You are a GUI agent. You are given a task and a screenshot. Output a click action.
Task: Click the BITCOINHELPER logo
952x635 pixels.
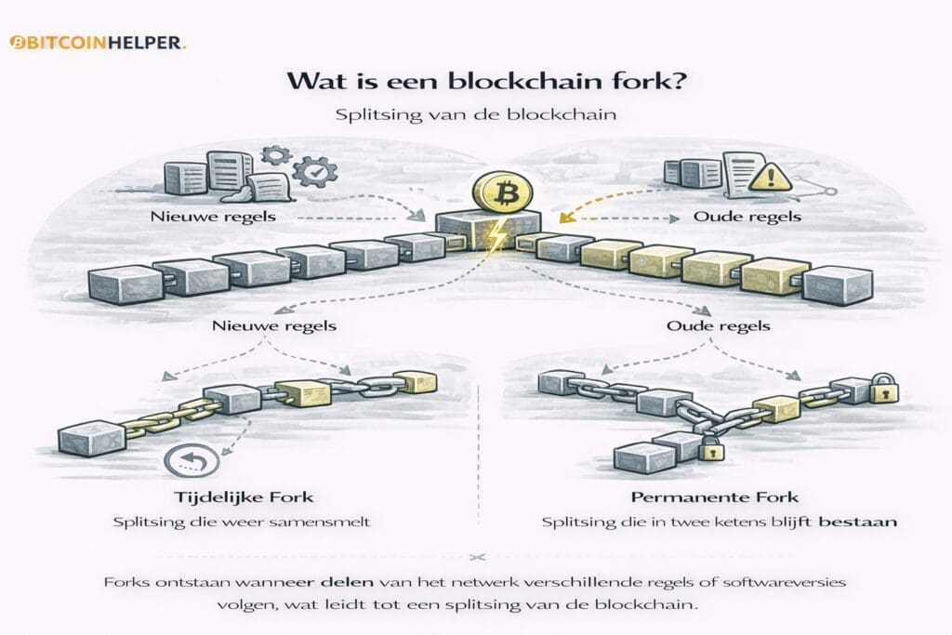[97, 43]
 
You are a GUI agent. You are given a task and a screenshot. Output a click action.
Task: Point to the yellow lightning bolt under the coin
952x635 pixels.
[494, 238]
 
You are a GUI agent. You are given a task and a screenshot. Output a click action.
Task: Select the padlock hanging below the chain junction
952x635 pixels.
[710, 449]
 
